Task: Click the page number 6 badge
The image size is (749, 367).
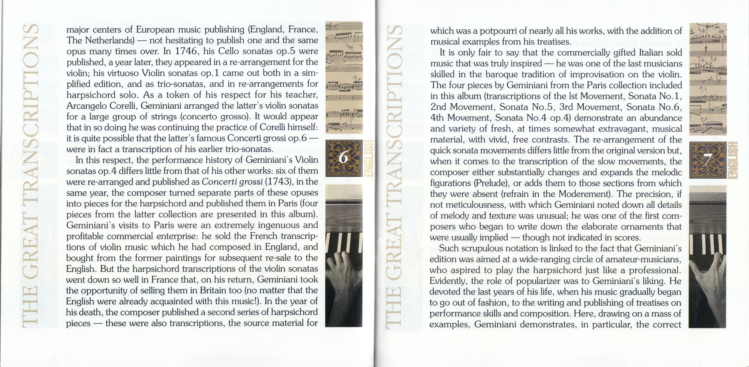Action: click(x=344, y=158)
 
